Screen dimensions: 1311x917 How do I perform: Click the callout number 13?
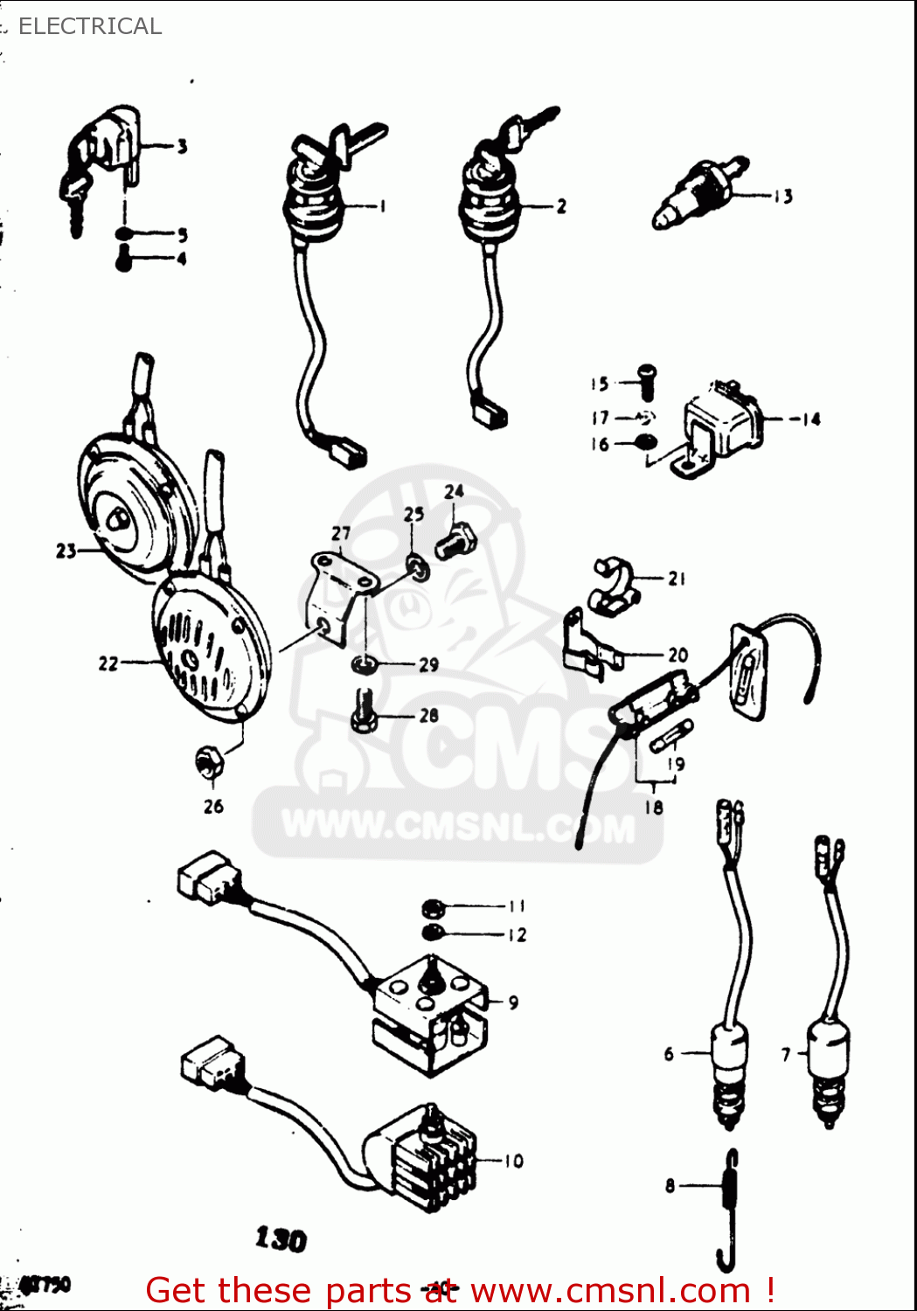tap(782, 197)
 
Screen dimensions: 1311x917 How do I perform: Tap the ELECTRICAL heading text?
tap(90, 26)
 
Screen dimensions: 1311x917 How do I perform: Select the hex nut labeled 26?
tap(208, 762)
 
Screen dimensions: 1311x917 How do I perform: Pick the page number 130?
tap(281, 1238)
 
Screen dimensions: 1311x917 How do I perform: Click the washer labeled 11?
tap(434, 906)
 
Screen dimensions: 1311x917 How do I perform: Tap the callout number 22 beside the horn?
tap(108, 663)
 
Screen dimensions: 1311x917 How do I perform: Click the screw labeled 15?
tap(647, 382)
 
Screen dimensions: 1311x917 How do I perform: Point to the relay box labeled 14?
tap(724, 424)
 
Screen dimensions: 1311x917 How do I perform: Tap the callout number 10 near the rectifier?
tap(513, 1161)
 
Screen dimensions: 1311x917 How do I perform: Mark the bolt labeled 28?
tap(363, 712)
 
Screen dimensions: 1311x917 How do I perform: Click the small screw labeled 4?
tap(124, 259)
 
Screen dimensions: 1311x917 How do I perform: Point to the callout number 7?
tap(785, 1055)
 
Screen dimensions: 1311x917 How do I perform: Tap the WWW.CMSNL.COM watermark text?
tap(457, 826)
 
